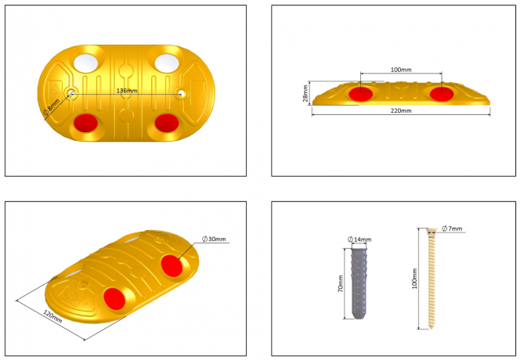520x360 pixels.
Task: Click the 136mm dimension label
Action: [x=126, y=91]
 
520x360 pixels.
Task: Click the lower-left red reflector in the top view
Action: [x=85, y=123]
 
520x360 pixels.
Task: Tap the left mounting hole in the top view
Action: [x=71, y=94]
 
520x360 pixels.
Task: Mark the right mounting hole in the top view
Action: [x=181, y=94]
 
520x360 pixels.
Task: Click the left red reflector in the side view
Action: [x=361, y=94]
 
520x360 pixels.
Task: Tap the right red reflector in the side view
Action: [x=441, y=94]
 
